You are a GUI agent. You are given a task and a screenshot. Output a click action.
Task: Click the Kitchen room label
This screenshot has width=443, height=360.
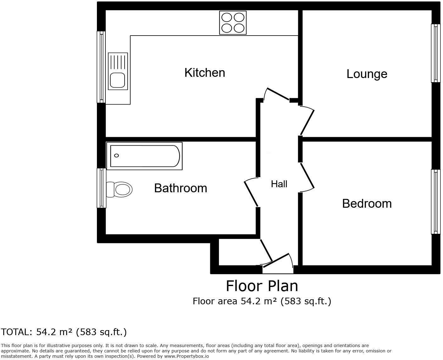(x=205, y=73)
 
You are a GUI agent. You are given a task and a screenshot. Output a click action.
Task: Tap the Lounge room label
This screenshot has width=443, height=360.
(x=367, y=74)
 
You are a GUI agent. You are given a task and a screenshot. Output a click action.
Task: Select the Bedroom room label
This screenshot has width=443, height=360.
(x=367, y=204)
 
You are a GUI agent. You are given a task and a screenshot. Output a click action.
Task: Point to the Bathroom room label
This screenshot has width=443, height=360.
(x=180, y=188)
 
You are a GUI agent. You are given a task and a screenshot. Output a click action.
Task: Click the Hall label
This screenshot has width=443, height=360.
(x=279, y=184)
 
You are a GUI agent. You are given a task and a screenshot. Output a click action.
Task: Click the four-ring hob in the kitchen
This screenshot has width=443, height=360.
(x=233, y=23)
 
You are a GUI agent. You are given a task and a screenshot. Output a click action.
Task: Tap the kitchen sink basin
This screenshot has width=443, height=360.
(x=117, y=80)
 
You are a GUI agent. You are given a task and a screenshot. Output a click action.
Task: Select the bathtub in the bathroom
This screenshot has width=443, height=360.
(x=144, y=156)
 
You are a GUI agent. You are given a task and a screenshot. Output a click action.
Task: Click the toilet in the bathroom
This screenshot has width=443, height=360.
(x=120, y=189)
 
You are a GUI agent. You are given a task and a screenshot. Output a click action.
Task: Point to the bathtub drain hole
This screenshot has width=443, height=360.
(x=116, y=155)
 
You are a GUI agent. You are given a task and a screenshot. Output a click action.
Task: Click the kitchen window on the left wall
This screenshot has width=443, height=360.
(x=101, y=67)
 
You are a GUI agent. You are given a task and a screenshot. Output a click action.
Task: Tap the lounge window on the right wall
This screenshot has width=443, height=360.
(x=435, y=53)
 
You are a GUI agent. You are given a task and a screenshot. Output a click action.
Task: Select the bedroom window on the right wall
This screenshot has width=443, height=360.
(x=435, y=202)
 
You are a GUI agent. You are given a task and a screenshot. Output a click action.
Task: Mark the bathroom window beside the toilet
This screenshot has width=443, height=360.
(x=101, y=188)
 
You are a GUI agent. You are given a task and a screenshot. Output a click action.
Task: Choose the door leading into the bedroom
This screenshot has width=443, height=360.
(x=307, y=177)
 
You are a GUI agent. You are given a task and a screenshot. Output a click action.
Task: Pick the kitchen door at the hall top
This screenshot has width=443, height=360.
(x=278, y=94)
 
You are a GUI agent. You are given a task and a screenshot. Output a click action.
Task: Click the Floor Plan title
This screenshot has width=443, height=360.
(x=262, y=286)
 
